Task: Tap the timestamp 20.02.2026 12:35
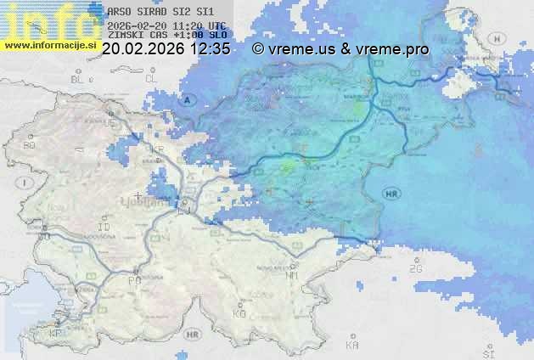pyautogui.click(x=166, y=49)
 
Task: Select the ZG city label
pyautogui.click(x=415, y=269)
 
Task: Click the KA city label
pyautogui.click(x=352, y=346)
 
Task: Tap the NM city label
pyautogui.click(x=292, y=276)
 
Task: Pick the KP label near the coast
pyautogui.click(x=57, y=334)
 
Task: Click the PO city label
pyautogui.click(x=133, y=279)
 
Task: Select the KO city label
pyautogui.click(x=239, y=313)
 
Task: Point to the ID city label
pyautogui.click(x=104, y=228)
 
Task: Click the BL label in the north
pyautogui.click(x=79, y=78)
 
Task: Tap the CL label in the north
pyautogui.click(x=152, y=78)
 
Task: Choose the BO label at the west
pyautogui.click(x=29, y=145)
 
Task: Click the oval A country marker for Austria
pyautogui.click(x=187, y=100)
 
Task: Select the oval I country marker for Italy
pyautogui.click(x=26, y=183)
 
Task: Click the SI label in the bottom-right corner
pyautogui.click(x=487, y=351)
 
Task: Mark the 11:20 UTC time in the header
pyautogui.click(x=197, y=25)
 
